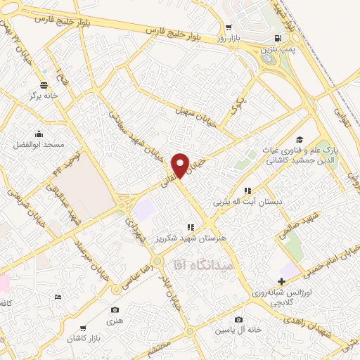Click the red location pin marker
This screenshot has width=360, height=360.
pyautogui.click(x=180, y=165)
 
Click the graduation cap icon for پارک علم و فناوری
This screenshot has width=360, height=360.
pyautogui.click(x=300, y=139)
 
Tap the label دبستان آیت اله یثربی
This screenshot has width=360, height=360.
pyautogui.click(x=250, y=201)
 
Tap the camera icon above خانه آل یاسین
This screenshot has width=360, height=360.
pyautogui.click(x=239, y=320)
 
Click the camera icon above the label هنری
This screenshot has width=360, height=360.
pyautogui.click(x=115, y=309)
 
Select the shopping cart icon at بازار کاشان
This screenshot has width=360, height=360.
pyautogui.click(x=84, y=328)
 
